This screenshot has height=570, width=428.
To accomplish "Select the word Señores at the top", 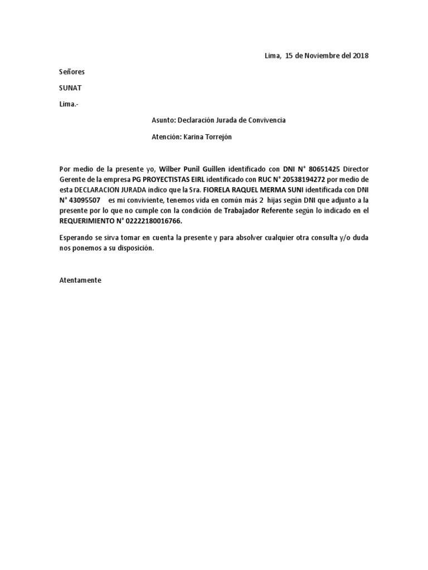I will tap(72, 72).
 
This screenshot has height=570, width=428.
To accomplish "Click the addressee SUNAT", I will tap(70, 88).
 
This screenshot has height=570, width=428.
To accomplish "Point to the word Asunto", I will tap(163, 120).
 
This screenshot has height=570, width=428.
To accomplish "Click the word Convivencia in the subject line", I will tap(267, 120).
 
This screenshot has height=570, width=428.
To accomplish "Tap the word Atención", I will tap(166, 136).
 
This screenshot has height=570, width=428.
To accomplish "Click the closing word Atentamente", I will tap(80, 281).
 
